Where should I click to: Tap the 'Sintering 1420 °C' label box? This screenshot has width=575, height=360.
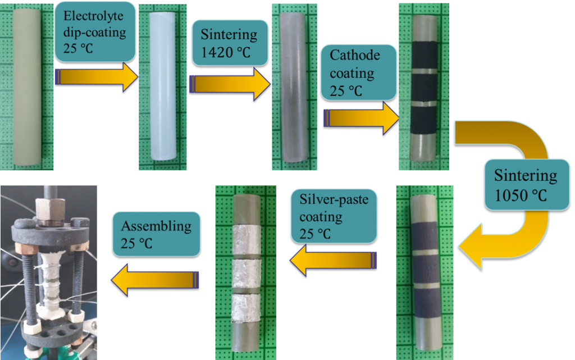[229, 43]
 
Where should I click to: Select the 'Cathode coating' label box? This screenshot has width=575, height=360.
[358, 72]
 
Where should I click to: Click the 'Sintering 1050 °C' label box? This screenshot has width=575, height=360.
[526, 184]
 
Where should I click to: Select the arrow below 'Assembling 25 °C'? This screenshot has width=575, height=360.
[154, 278]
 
